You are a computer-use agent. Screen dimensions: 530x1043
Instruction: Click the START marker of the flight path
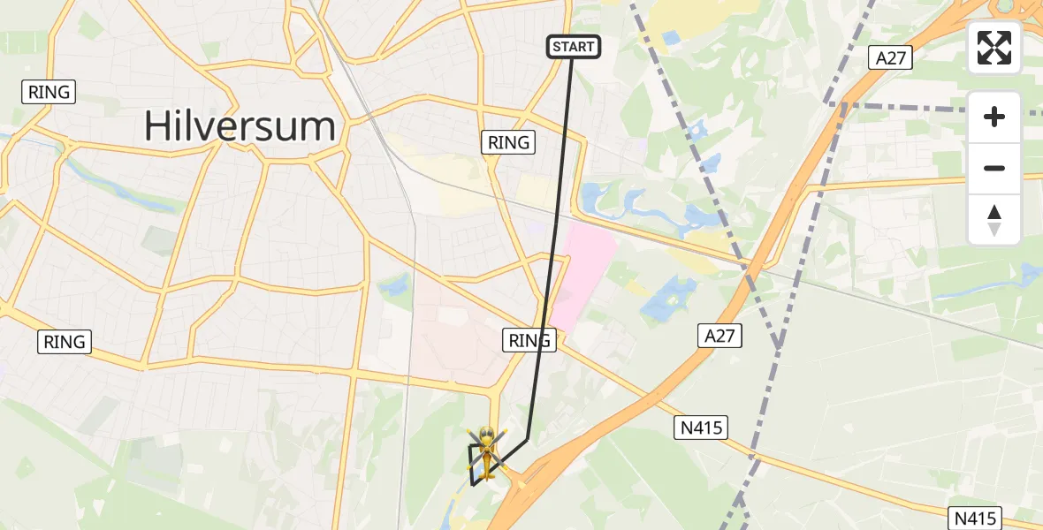[574, 47]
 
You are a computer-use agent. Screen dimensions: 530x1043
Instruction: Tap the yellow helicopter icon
[484, 450]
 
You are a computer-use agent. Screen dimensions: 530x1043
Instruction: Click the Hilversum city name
[240, 126]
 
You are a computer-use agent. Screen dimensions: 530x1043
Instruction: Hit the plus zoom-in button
[994, 117]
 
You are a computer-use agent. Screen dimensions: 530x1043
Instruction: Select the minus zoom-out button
[994, 168]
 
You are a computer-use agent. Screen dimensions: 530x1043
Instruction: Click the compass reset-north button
[994, 219]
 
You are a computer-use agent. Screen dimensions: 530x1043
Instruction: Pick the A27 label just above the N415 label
[719, 336]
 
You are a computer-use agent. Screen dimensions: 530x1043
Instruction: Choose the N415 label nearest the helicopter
[701, 428]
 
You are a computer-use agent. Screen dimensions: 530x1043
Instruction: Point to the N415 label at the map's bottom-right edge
[977, 518]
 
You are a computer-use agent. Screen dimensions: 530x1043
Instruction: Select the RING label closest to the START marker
[508, 142]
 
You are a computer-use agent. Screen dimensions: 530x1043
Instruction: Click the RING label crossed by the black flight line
[529, 340]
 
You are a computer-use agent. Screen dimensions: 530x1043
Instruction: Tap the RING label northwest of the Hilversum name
[49, 92]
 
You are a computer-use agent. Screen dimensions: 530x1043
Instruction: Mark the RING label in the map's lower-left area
[65, 342]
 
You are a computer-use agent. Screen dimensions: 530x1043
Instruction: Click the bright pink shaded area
[582, 265]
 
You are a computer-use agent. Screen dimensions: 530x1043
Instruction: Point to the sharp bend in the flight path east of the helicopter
[527, 439]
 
